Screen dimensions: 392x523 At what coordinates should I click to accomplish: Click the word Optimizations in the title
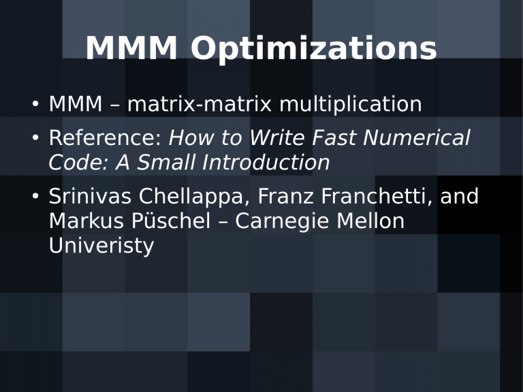coord(314,50)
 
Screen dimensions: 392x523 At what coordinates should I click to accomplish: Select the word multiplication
coord(351,105)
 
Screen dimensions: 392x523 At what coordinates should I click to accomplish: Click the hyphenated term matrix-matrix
coord(200,105)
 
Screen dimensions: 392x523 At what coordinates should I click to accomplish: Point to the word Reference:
coord(105,139)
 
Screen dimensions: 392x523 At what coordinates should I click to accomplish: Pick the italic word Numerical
coord(417,139)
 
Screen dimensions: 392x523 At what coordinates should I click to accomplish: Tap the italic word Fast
coord(336,139)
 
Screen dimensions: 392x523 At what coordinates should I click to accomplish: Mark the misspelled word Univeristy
coord(101,246)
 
